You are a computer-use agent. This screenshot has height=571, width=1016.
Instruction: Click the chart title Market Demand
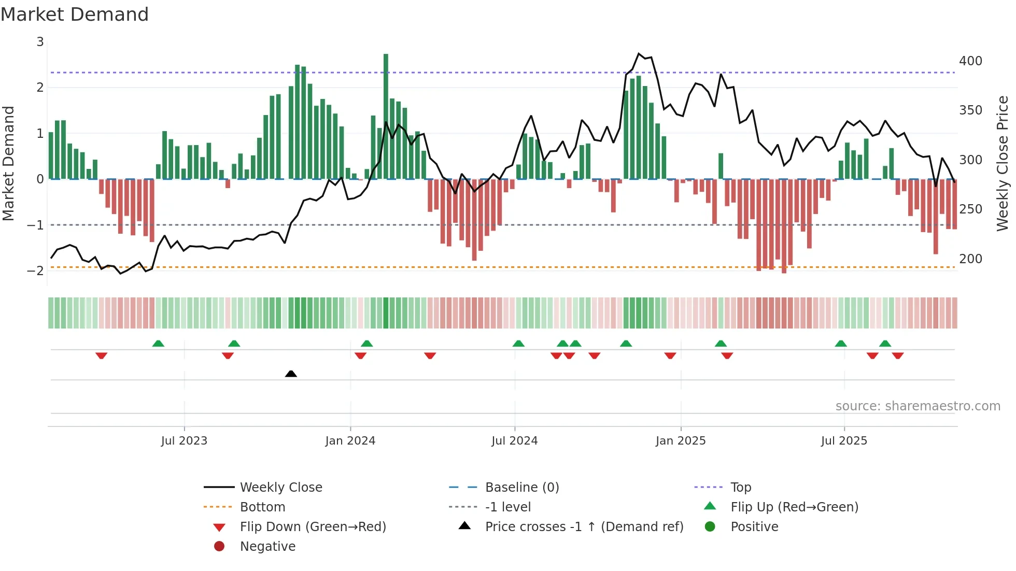tap(75, 15)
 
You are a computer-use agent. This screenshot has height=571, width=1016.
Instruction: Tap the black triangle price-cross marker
tap(291, 374)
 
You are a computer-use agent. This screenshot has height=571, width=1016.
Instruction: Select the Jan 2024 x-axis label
tap(350, 441)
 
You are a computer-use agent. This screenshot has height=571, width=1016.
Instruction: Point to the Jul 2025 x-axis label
tap(844, 441)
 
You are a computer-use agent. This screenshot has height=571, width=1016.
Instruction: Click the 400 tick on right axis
tap(970, 61)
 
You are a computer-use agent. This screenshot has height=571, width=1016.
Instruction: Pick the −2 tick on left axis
tap(36, 270)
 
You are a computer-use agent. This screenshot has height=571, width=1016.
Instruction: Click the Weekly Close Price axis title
tap(1003, 163)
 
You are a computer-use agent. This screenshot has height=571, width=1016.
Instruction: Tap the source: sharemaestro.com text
tap(918, 406)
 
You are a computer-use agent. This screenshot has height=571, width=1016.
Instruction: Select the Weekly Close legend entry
tap(281, 488)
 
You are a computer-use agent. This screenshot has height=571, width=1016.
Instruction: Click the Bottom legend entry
tap(262, 507)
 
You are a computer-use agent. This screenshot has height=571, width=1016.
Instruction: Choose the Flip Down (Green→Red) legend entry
tap(313, 527)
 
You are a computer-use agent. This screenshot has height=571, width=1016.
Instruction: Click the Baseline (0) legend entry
tap(522, 488)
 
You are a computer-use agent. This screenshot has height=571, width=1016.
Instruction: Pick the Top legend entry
tap(741, 488)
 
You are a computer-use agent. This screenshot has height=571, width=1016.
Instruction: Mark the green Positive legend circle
tap(710, 527)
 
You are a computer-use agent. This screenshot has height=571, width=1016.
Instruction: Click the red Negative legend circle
tap(219, 547)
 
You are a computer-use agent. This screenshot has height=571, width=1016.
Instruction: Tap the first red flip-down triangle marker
tap(102, 355)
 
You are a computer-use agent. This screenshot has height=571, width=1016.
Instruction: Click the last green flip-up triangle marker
tap(885, 344)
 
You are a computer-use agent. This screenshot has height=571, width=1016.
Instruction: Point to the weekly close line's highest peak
tap(639, 54)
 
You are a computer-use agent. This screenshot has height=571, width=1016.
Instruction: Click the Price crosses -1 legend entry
tap(584, 527)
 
